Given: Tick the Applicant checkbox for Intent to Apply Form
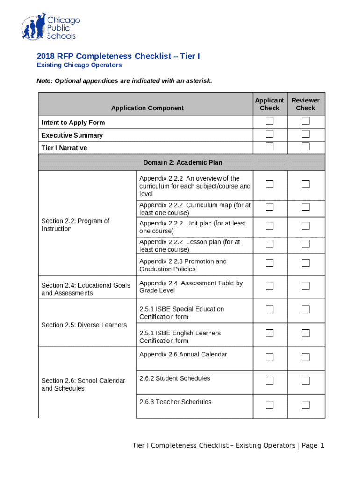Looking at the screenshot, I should [269, 121].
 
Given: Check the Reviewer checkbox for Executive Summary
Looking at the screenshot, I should [305, 134].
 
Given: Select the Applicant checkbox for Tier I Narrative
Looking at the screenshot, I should [269, 146].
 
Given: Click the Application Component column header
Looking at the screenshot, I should [147, 108].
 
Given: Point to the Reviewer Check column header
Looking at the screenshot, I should [305, 104].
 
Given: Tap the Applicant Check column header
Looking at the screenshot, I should [269, 104].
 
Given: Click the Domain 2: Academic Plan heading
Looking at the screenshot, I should [182, 162].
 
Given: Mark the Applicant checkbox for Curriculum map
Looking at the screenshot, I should [269, 207].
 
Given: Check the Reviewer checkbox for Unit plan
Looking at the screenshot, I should [305, 226].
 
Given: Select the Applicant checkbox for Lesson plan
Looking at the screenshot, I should [269, 244].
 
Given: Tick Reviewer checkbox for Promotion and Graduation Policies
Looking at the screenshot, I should [305, 263].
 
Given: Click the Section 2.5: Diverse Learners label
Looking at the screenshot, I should [84, 325].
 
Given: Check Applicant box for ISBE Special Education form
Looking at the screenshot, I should [269, 310].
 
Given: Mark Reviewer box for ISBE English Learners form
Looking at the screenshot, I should [305, 333].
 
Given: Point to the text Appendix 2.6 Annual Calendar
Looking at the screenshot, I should [183, 354].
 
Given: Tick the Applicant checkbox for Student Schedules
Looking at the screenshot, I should [269, 381].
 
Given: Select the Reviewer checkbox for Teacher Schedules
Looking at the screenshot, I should [305, 405].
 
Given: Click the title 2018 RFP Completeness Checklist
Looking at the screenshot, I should [118, 56].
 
